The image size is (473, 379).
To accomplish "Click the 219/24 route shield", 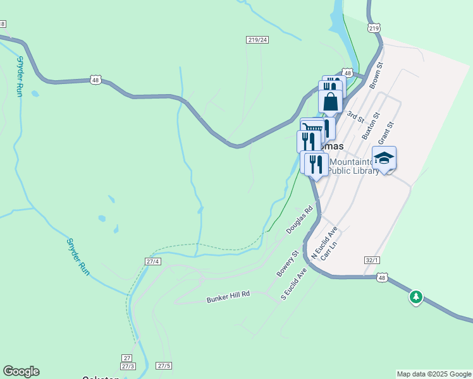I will [257, 40].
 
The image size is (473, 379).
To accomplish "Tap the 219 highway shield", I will [374, 28].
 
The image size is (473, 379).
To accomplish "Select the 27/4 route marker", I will [153, 261].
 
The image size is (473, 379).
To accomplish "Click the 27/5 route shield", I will [164, 366].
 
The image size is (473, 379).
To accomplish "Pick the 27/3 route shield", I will [128, 366].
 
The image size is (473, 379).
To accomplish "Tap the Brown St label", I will [376, 74].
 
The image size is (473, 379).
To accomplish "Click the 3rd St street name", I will [356, 117].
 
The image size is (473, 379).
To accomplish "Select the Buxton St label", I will [370, 126].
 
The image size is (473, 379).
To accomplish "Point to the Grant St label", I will [385, 133].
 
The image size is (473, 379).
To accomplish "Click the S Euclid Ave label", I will [294, 284].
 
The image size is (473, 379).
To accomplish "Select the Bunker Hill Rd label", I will [228, 297].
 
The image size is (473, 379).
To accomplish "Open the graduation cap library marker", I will [384, 158].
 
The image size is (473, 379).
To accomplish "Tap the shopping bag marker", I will [330, 101].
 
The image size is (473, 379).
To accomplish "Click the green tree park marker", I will [415, 296].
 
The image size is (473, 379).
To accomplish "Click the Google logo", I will [21, 371].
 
